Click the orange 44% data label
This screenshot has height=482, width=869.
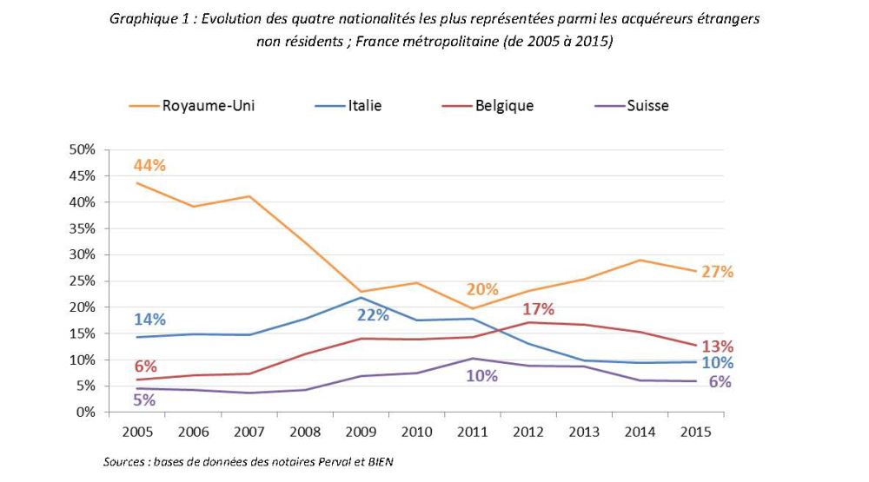pyautogui.click(x=149, y=165)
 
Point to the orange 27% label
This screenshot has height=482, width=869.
pyautogui.click(x=718, y=271)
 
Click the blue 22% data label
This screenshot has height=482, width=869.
pyautogui.click(x=373, y=314)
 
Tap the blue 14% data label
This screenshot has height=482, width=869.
pyautogui.click(x=149, y=318)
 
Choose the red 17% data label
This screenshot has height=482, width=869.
pyautogui.click(x=538, y=308)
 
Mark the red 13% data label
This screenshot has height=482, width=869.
pyautogui.click(x=718, y=345)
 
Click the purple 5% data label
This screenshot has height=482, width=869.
pyautogui.click(x=144, y=399)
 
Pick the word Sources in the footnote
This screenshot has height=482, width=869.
pyautogui.click(x=123, y=461)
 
